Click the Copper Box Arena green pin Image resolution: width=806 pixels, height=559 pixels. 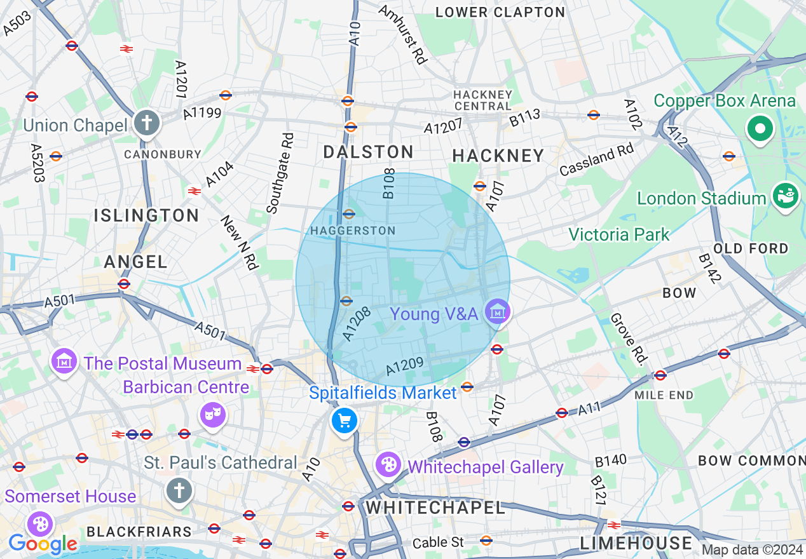(760, 129)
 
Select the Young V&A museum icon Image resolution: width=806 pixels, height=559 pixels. (497, 312)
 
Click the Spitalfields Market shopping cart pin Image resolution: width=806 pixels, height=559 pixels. (345, 421)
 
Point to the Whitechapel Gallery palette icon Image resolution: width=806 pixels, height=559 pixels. (388, 465)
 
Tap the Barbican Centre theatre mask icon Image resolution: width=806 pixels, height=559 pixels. (212, 415)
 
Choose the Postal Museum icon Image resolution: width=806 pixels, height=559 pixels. (64, 361)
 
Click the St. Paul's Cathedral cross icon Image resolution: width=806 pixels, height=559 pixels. (179, 490)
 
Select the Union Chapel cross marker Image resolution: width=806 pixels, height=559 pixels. (147, 123)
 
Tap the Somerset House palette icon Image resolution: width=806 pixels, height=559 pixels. (40, 523)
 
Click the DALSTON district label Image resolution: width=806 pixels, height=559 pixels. (368, 152)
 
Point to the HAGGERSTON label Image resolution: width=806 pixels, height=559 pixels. (353, 231)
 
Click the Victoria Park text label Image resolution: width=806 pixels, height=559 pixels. (618, 234)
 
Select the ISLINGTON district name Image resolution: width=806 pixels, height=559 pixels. (147, 215)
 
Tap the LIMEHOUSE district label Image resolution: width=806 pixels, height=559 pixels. (636, 543)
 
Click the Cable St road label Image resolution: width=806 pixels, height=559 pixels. (438, 543)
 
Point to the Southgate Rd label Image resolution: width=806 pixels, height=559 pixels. (280, 173)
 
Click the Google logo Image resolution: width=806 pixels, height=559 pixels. (42, 544)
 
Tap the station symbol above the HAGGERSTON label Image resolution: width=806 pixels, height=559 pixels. (349, 214)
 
